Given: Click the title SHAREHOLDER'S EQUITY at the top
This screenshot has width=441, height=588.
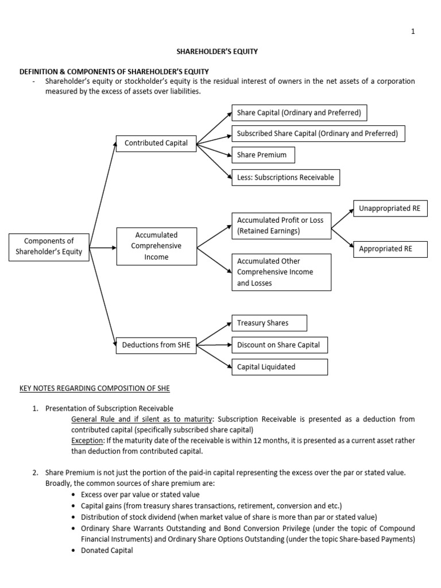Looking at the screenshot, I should click(220, 51).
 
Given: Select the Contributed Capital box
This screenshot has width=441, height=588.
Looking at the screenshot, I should click(156, 143).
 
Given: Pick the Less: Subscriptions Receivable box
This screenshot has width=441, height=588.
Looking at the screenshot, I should click(285, 177).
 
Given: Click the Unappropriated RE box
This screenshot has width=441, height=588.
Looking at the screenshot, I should click(390, 208).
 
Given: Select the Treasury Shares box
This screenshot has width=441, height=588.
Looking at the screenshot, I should click(269, 323).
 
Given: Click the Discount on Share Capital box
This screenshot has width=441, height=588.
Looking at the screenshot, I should click(278, 345).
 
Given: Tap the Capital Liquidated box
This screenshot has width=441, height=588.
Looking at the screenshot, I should click(278, 366).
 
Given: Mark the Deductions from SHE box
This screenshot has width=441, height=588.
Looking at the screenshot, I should click(156, 345).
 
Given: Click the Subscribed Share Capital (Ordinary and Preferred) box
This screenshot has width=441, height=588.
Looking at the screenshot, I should click(318, 133).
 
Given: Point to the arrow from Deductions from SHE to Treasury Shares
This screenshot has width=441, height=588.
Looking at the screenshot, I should click(213, 334).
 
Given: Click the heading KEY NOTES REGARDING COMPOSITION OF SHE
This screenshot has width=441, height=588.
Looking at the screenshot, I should click(95, 389).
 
